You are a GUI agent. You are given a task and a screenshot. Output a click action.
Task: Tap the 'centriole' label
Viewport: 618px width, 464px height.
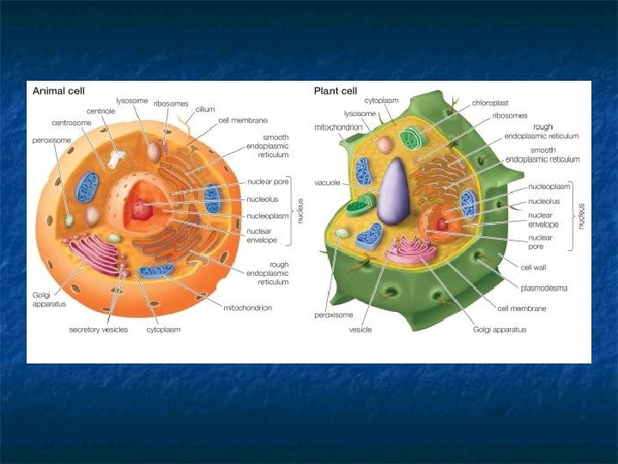pyautogui.click(x=101, y=111)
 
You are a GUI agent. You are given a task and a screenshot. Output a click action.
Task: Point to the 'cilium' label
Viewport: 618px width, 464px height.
pyautogui.click(x=204, y=109)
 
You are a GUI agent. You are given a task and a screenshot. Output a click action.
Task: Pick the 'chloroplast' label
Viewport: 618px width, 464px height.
pyautogui.click(x=488, y=102)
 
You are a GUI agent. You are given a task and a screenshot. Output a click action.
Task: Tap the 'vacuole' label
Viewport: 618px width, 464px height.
pyautogui.click(x=329, y=182)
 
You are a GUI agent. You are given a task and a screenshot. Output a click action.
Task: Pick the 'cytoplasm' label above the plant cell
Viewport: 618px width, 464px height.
pyautogui.click(x=381, y=100)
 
